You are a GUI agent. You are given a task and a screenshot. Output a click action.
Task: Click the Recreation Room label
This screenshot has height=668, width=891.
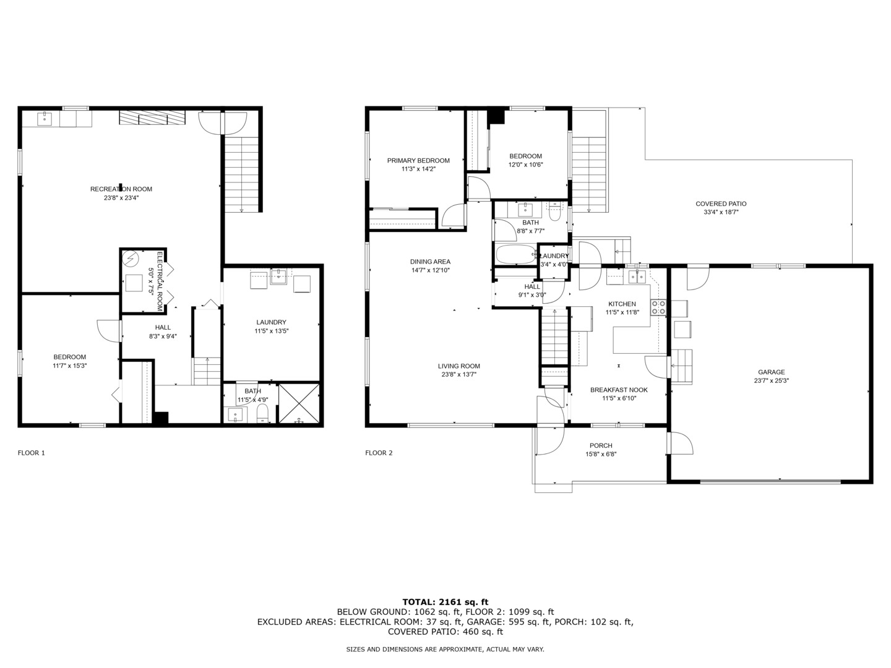pyautogui.click(x=121, y=189)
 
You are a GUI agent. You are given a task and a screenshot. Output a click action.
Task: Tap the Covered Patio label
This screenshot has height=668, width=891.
pyautogui.click(x=721, y=204)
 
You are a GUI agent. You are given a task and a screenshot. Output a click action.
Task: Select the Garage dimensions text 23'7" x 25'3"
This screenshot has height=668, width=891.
pyautogui.click(x=771, y=381)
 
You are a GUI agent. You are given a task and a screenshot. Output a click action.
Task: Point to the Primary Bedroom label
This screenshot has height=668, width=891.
pyautogui.click(x=418, y=161)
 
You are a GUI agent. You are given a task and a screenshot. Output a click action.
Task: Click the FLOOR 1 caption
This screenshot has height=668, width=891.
pyautogui.click(x=32, y=453)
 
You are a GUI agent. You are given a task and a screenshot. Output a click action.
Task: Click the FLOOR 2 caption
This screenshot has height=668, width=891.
pyautogui.click(x=379, y=453)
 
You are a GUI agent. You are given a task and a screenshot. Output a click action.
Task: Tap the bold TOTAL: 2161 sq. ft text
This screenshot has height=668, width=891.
pyautogui.click(x=445, y=602)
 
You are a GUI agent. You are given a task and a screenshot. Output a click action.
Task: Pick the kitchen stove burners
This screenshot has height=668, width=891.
pyautogui.click(x=658, y=307)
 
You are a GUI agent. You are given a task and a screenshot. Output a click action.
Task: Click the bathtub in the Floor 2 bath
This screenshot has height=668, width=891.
pyautogui.click(x=516, y=254)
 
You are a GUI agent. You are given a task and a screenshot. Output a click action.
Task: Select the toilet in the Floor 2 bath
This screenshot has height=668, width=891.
pyautogui.click(x=554, y=212)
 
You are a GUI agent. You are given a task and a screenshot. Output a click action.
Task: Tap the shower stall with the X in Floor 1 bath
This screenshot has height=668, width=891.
pyautogui.click(x=299, y=403)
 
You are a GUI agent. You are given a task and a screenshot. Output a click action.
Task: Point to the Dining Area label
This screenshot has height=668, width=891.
pyautogui.click(x=430, y=262)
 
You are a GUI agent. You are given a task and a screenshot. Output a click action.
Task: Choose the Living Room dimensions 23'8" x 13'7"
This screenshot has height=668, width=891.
pyautogui.click(x=458, y=375)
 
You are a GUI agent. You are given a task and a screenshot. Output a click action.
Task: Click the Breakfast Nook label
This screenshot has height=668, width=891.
pyautogui.click(x=619, y=390)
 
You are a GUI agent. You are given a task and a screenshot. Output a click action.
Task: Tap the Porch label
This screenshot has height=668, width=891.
pyautogui.click(x=601, y=446)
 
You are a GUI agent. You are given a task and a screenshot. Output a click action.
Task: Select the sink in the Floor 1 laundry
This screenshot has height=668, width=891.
pyautogui.click(x=279, y=276)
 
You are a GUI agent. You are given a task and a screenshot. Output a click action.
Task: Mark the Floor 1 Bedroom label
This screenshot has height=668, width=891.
pyautogui.click(x=70, y=357)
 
